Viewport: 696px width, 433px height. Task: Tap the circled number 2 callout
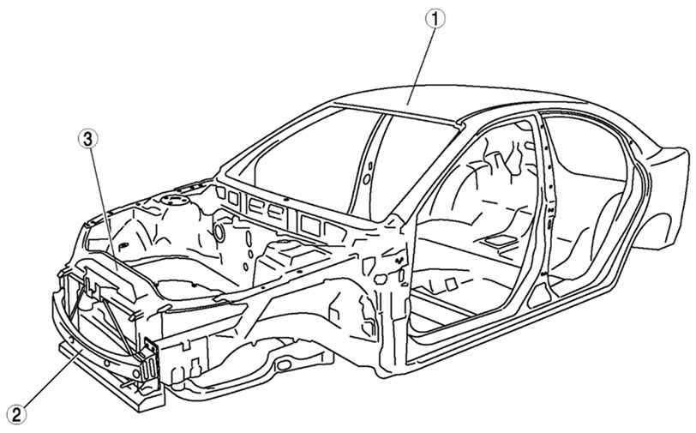[16, 415]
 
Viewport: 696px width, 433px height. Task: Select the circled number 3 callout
[87, 139]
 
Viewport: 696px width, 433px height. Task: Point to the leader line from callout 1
[420, 67]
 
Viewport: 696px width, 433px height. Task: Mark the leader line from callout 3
[103, 209]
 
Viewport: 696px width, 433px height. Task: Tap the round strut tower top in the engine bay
[175, 200]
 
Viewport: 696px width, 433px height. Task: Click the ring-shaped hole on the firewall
[219, 232]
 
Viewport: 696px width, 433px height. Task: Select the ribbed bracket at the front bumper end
[150, 360]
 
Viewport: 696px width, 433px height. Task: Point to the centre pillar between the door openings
[543, 208]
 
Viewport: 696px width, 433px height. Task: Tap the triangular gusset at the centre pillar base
[538, 295]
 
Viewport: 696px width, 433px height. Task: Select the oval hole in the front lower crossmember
[283, 365]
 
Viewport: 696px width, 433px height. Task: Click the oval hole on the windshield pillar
[367, 179]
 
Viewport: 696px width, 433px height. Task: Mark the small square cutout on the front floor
[452, 285]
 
